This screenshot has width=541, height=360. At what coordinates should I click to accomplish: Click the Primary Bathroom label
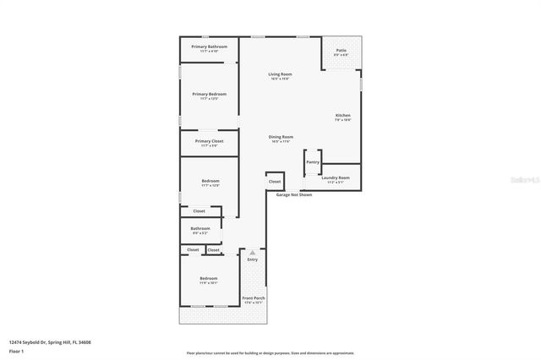tap(209, 46)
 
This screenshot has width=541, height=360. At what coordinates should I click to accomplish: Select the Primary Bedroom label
tap(209, 94)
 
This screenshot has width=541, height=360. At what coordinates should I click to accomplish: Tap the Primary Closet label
tap(209, 141)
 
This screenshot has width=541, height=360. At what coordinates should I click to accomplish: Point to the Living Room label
tap(281, 74)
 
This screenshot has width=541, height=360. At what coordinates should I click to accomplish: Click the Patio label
tap(341, 51)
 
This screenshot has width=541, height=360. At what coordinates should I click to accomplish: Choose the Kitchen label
tap(342, 115)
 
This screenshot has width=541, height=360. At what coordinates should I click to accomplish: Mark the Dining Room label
tap(281, 137)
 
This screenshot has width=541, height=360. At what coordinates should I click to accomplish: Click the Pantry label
tap(313, 161)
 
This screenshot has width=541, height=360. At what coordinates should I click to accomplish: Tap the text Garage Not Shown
tap(294, 194)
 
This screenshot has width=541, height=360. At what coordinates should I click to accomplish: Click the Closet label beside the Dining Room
tap(275, 181)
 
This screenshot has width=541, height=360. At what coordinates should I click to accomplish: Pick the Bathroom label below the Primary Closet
tap(200, 228)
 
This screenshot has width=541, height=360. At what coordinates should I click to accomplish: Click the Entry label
tap(252, 259)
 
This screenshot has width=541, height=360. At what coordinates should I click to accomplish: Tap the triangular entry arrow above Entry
tap(252, 252)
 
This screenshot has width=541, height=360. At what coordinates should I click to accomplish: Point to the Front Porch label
tap(254, 298)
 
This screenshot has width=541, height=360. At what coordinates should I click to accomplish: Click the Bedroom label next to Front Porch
tap(209, 279)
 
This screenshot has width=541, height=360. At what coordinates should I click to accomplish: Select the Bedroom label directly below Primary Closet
tap(210, 181)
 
